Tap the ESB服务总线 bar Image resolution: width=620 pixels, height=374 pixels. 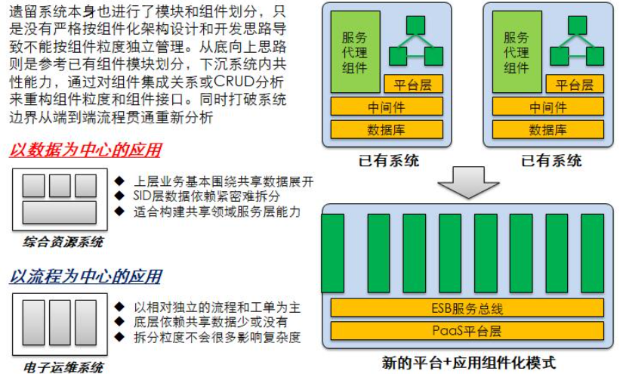click(467, 308)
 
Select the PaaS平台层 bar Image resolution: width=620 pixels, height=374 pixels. click(467, 330)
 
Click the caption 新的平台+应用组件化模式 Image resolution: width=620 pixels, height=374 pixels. click(469, 362)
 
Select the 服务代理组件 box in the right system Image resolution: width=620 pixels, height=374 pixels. click(517, 52)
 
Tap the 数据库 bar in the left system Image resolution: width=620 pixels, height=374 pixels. click(386, 130)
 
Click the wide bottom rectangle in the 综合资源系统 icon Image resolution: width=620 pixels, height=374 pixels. click(60, 212)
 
